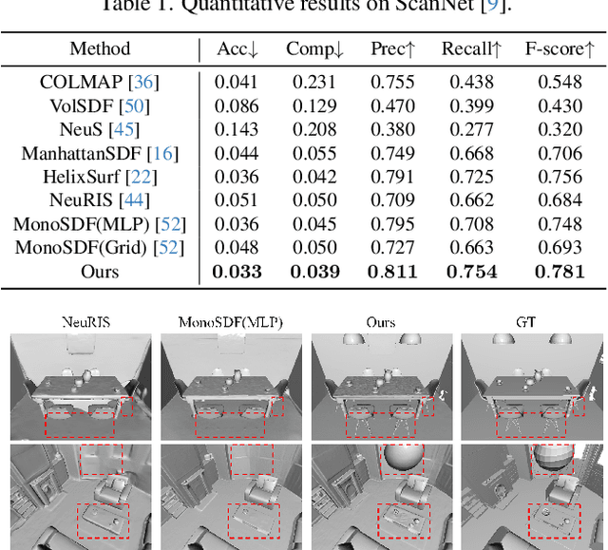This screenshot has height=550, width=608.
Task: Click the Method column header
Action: click(x=100, y=48)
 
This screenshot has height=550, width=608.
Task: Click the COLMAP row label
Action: click(x=86, y=82)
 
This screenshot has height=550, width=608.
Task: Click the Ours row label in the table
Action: click(x=100, y=271)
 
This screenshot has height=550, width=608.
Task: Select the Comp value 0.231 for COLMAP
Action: click(x=313, y=82)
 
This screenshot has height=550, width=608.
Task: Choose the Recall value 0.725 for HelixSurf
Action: click(x=467, y=176)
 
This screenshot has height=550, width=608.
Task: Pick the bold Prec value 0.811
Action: click(x=391, y=272)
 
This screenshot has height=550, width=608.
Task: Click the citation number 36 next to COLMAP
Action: click(x=147, y=82)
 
